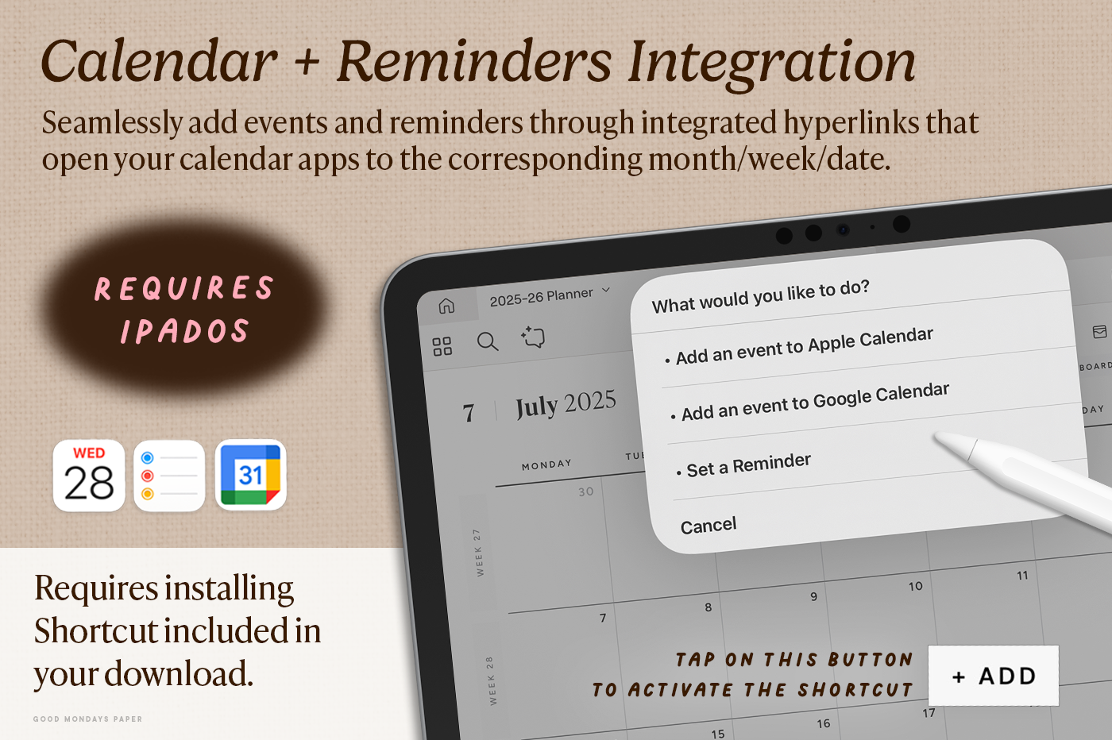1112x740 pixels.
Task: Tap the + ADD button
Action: [994, 676]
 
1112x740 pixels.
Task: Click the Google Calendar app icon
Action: [251, 475]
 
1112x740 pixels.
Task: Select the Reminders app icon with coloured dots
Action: [169, 476]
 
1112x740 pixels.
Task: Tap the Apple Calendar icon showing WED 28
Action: [89, 476]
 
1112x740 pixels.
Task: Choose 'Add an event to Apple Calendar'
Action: [799, 347]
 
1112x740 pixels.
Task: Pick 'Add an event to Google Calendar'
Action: [810, 403]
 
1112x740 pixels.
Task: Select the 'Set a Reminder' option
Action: [743, 466]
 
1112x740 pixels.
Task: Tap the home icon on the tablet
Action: [446, 306]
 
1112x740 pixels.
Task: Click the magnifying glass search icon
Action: [488, 341]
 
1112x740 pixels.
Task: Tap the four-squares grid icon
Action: [442, 346]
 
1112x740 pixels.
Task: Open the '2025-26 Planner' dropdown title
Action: [550, 296]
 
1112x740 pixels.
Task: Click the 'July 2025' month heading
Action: [566, 405]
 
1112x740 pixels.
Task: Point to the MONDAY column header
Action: [546, 464]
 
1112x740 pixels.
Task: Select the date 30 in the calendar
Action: [586, 491]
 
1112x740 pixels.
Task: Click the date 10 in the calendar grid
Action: [915, 586]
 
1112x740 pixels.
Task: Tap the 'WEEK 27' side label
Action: [477, 553]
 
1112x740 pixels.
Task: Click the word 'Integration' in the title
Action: [772, 62]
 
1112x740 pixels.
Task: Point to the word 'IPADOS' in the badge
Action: [184, 331]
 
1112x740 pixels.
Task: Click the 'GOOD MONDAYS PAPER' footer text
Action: [87, 719]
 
